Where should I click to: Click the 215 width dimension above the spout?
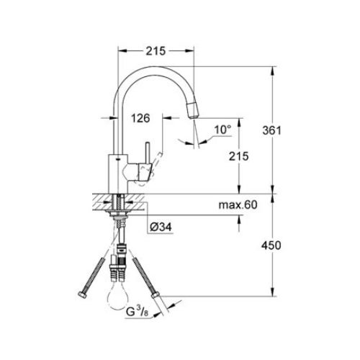point(156,50)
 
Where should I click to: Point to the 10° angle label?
point(222,130)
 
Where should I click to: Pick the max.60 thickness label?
point(238,206)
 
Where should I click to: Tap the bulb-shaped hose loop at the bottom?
point(120,296)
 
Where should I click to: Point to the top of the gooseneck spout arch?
point(155,68)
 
